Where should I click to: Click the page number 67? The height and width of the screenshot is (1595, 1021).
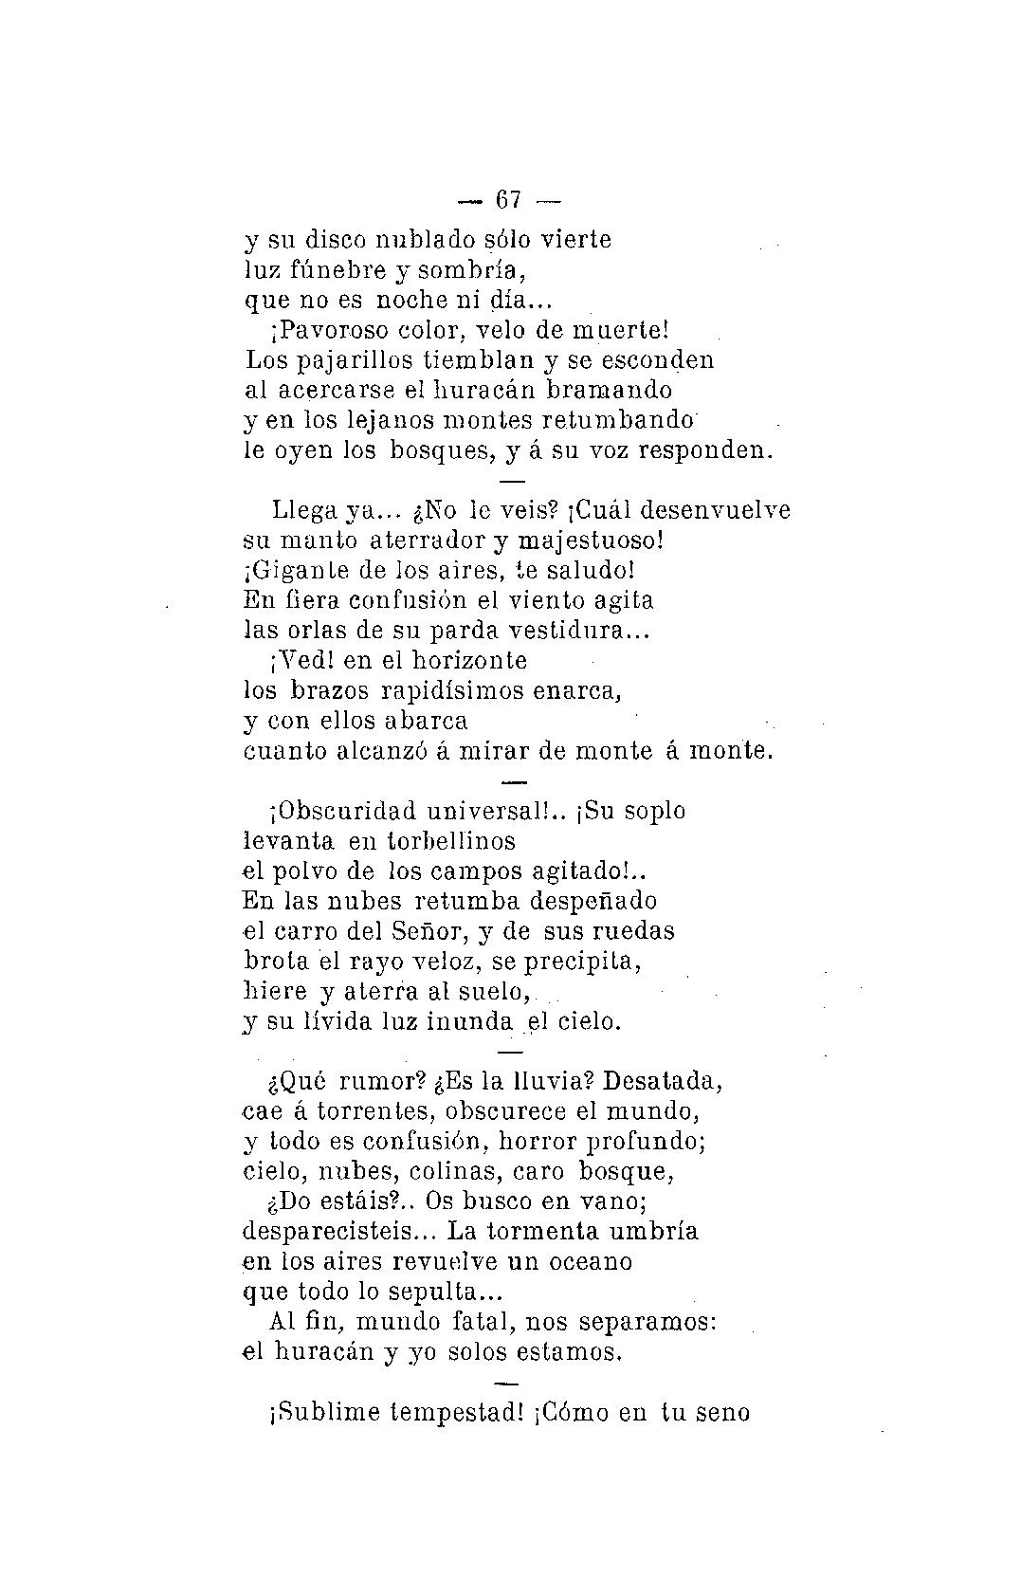point(509,200)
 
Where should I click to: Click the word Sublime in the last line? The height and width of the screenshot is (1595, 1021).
point(328,1413)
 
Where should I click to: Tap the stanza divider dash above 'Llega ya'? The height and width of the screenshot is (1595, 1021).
point(512,481)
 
